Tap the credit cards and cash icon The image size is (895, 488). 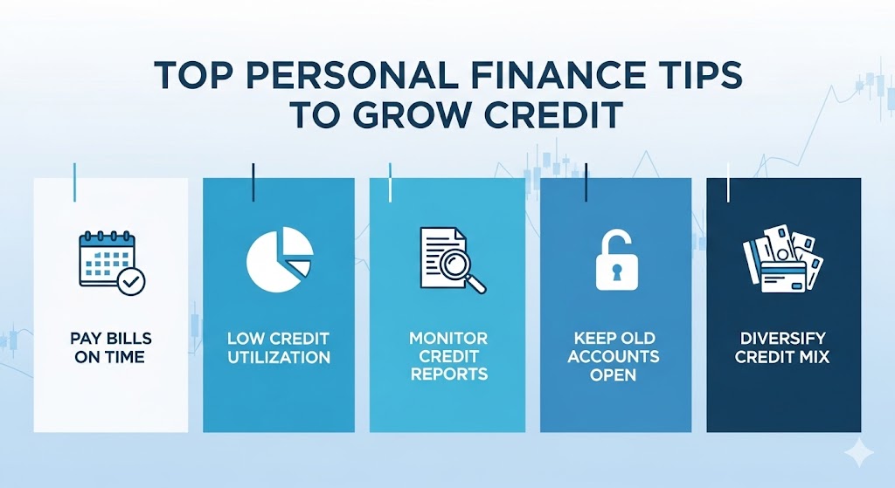pyautogui.click(x=783, y=258)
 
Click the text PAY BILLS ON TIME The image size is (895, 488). pyautogui.click(x=110, y=347)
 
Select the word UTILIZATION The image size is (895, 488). pyautogui.click(x=279, y=358)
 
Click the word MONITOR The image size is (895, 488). pyautogui.click(x=448, y=338)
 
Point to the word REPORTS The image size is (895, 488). pyautogui.click(x=448, y=375)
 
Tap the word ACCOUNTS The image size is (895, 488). pyautogui.click(x=614, y=356)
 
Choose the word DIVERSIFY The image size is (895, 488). pyautogui.click(x=782, y=338)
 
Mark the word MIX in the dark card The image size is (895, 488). pyautogui.click(x=813, y=356)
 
